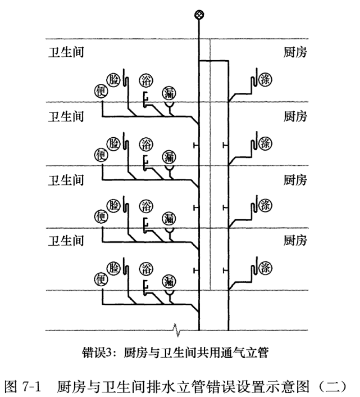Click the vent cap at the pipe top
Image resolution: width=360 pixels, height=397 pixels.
(x=199, y=15)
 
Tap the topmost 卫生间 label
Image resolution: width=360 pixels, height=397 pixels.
(x=66, y=52)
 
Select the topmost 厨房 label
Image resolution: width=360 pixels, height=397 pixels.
(x=295, y=52)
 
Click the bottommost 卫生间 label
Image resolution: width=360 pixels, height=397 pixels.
(x=66, y=241)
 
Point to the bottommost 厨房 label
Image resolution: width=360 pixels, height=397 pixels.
(x=295, y=241)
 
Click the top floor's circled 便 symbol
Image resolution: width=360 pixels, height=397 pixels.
(x=101, y=92)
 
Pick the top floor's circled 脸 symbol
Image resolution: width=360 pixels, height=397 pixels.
(x=113, y=80)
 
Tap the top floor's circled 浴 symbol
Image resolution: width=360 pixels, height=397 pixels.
(x=146, y=80)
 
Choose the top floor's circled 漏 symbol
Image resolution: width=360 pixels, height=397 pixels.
(x=169, y=93)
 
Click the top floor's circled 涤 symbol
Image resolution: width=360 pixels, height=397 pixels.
(x=265, y=80)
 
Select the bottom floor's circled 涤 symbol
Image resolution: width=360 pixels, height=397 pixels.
(x=265, y=268)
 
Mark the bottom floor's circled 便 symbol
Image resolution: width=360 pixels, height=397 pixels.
(x=101, y=279)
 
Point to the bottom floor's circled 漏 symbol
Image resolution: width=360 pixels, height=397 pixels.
(x=169, y=281)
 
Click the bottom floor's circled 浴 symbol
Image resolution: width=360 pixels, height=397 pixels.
(x=146, y=269)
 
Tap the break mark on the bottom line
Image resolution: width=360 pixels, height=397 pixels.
(x=176, y=330)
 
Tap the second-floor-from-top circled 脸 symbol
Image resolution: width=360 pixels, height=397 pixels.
(x=113, y=143)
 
